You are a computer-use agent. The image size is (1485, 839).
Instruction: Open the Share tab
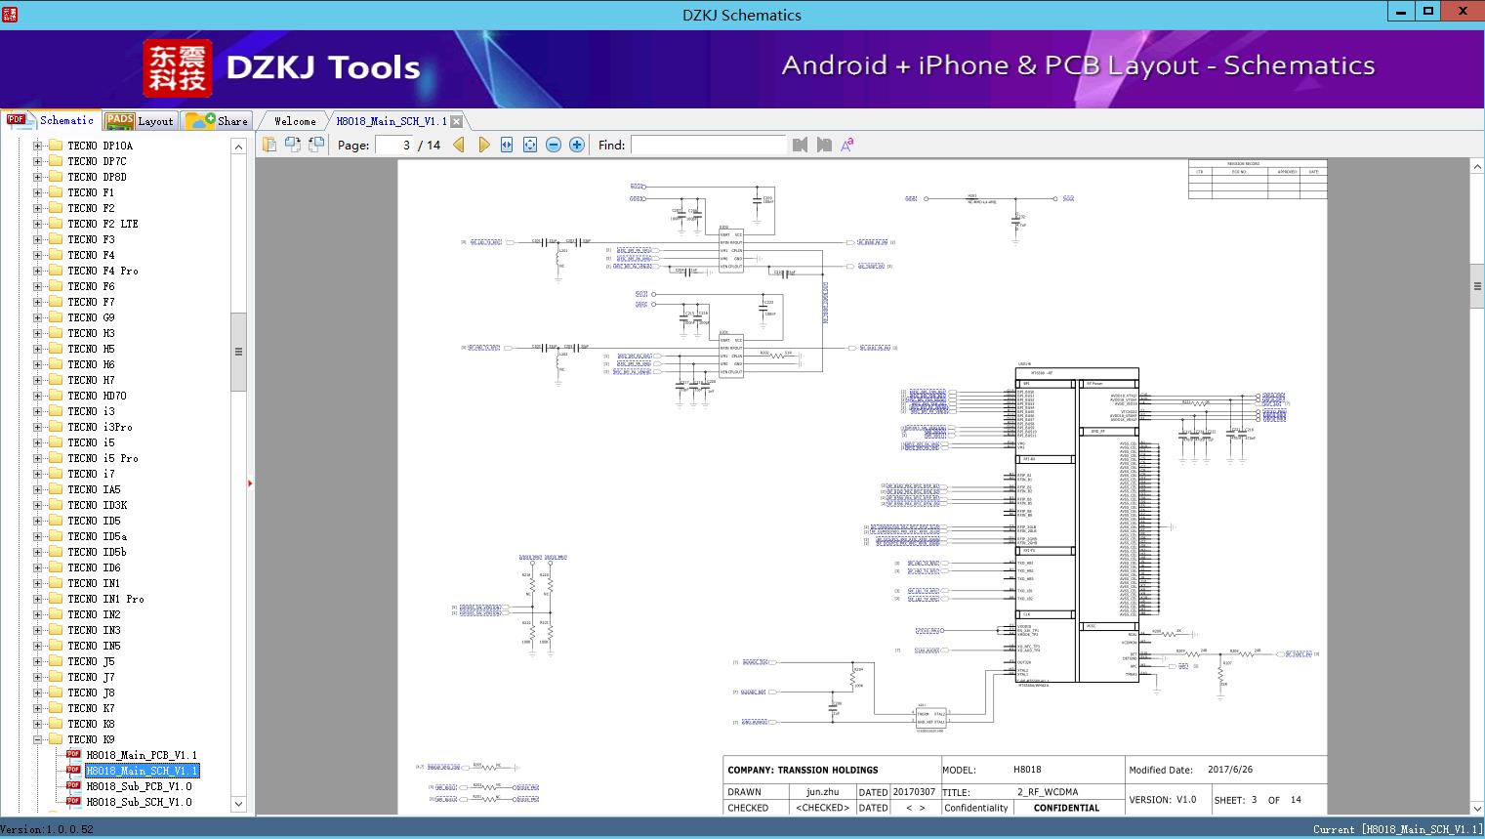click(x=219, y=121)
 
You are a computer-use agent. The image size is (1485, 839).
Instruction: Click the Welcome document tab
click(x=294, y=121)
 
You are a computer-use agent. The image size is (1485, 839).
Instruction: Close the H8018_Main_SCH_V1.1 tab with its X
click(x=456, y=122)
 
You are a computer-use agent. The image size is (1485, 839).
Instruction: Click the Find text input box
click(x=708, y=145)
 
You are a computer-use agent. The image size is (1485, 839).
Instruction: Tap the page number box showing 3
click(x=395, y=145)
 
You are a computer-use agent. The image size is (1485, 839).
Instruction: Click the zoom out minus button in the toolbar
click(x=554, y=145)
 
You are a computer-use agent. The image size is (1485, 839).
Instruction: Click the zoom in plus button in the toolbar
click(x=577, y=145)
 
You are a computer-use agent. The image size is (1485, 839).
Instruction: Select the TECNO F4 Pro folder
click(x=103, y=271)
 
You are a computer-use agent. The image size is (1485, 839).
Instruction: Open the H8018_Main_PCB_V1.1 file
click(x=142, y=755)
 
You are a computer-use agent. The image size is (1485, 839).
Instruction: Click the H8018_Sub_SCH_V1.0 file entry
click(x=139, y=802)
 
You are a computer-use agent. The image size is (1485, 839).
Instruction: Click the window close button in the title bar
click(x=1463, y=12)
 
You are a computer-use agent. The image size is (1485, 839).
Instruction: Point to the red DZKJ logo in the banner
click(x=177, y=68)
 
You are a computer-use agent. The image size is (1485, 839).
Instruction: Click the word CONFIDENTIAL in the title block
click(x=1066, y=808)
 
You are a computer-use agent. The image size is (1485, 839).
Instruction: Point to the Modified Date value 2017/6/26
click(x=1229, y=770)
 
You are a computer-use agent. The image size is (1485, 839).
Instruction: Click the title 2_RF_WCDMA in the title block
click(x=1048, y=792)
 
